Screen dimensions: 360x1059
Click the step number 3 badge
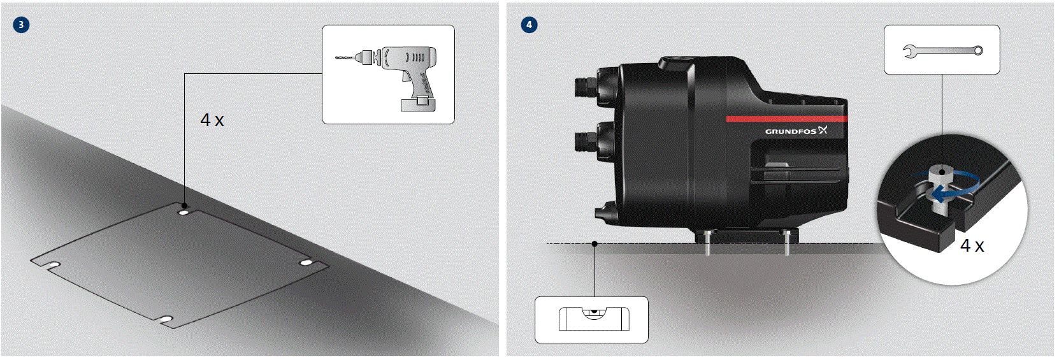[x=21, y=25]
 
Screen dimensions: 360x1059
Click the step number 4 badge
[x=529, y=25]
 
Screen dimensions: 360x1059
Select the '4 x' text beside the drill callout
[x=212, y=120]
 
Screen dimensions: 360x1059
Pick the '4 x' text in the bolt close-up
[x=972, y=245]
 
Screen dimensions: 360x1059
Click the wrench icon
[x=942, y=50]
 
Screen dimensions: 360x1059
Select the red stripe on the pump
[x=786, y=119]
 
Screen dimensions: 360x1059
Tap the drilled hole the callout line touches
[x=184, y=212]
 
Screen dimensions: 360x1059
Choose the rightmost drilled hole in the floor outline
[x=306, y=263]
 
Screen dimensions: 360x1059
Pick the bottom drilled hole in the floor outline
[x=166, y=319]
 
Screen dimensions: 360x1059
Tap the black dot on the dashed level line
[x=594, y=243]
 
